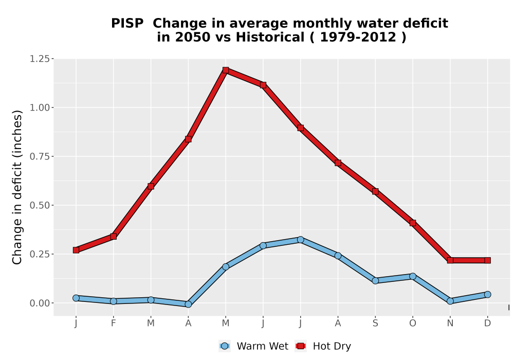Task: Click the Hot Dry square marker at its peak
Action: [x=226, y=70]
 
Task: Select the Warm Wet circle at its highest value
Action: [x=301, y=240]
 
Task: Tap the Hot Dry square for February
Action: [x=114, y=237]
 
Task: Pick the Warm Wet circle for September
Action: [x=375, y=281]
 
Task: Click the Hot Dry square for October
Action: [x=413, y=223]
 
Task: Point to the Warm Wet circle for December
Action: [x=487, y=294]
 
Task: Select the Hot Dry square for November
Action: [x=450, y=260]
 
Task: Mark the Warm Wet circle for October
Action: [x=413, y=276]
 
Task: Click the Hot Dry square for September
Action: [x=375, y=191]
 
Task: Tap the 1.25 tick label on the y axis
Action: [x=40, y=59]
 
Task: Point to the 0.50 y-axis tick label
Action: [x=40, y=205]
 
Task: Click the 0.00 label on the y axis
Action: [x=40, y=303]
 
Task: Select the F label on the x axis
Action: [x=114, y=323]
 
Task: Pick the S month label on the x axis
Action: [x=375, y=323]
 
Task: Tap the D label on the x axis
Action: [x=487, y=323]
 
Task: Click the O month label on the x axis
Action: [x=413, y=323]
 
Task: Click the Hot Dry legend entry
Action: [x=323, y=346]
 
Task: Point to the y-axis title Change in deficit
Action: [x=17, y=188]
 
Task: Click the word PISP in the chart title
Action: [x=127, y=24]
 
